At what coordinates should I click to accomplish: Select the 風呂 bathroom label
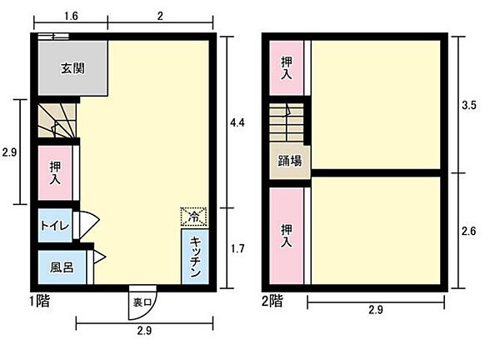pyautogui.click(x=61, y=268)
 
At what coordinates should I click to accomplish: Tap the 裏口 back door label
pyautogui.click(x=141, y=302)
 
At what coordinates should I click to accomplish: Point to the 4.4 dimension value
pyautogui.click(x=238, y=122)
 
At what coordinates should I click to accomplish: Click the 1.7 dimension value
pyautogui.click(x=237, y=247)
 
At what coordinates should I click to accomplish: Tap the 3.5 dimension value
pyautogui.click(x=470, y=106)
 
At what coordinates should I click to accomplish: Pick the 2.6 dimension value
pyautogui.click(x=469, y=232)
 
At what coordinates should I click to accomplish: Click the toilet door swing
pyautogui.click(x=88, y=225)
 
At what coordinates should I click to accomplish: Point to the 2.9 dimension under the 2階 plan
pyautogui.click(x=377, y=312)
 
